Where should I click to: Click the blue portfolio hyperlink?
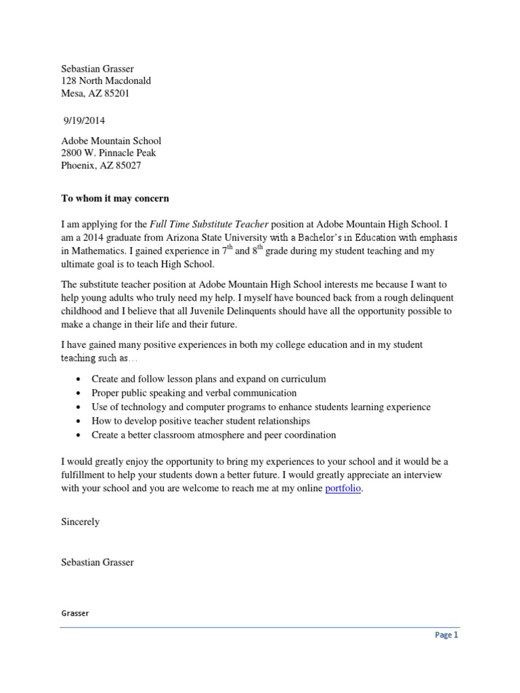click(343, 489)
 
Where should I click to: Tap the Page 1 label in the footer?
click(446, 635)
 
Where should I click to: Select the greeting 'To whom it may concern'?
click(115, 198)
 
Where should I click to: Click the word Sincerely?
click(81, 522)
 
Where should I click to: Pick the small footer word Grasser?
click(75, 613)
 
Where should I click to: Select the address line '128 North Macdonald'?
click(106, 81)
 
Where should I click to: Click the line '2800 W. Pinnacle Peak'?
click(109, 153)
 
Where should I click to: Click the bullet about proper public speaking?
click(194, 393)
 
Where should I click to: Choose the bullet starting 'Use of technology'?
click(261, 407)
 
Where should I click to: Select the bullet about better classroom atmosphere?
click(214, 435)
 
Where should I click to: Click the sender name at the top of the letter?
click(97, 68)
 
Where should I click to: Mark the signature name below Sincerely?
click(97, 562)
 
